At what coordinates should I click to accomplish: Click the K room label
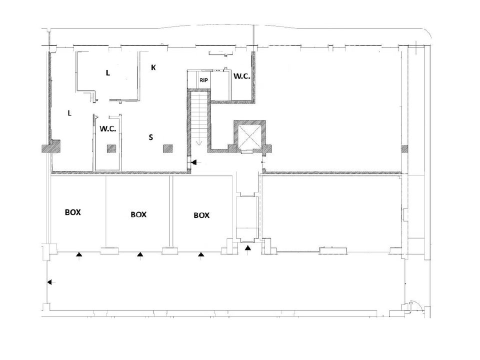[x=153, y=67]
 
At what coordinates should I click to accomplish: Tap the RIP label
[x=203, y=80]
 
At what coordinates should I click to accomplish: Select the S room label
[x=150, y=137]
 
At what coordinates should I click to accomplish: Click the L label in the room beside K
[x=108, y=73]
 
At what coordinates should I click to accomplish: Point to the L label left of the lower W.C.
[x=69, y=113]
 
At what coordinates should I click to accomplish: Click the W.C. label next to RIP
[x=242, y=76]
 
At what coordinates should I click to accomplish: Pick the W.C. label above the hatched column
[x=108, y=129]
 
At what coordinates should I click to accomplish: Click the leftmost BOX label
[x=73, y=212]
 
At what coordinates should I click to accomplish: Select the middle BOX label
[x=138, y=214]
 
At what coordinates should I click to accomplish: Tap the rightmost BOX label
[x=201, y=215]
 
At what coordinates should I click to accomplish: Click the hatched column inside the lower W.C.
[x=111, y=149]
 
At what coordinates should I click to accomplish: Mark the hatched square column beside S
[x=168, y=149]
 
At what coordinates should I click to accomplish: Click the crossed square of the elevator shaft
[x=249, y=135]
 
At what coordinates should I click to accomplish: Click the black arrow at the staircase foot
[x=194, y=162]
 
